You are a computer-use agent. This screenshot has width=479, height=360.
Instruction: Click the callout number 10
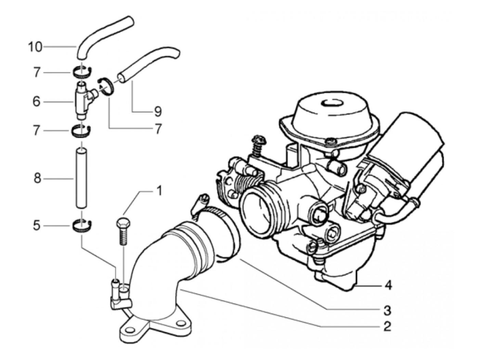point(35,47)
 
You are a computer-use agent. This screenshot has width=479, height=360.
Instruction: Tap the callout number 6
point(36,102)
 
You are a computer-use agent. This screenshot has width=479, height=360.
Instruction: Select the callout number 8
point(37,178)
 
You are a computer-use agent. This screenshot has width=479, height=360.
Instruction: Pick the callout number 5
point(36,226)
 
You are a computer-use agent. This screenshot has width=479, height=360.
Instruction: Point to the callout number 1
point(158,191)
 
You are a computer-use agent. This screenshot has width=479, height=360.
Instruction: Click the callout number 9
point(157,111)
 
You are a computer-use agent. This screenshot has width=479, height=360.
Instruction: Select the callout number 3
point(387,310)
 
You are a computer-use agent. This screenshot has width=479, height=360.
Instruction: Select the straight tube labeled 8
point(82,178)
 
